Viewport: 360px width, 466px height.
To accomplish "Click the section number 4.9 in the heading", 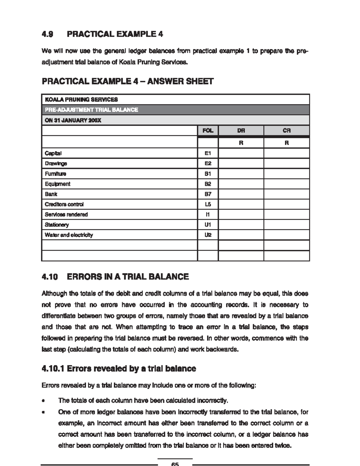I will point(47,34).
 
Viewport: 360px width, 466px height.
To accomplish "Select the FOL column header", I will point(208,131).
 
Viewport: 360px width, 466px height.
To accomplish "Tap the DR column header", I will point(241,131).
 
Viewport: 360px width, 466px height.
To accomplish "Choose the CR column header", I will point(286,131).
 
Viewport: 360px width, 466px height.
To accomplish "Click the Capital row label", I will point(53,153).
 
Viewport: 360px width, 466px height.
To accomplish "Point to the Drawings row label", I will point(56,164).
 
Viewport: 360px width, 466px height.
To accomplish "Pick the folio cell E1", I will point(208,153).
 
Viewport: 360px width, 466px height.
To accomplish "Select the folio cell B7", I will point(208,194).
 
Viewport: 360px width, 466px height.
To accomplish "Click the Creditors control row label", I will point(64,204).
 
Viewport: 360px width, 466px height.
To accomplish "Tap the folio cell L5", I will point(208,204).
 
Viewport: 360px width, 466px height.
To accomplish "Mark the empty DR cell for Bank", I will point(241,194).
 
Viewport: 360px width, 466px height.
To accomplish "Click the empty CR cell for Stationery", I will point(286,225).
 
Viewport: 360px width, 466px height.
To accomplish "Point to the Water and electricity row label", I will point(69,235).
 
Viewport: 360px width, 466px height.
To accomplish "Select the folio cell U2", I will point(208,235).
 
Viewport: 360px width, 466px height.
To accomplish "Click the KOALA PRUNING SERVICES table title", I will point(81,99).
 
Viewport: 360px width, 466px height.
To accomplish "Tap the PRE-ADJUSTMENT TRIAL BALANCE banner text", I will point(91,110).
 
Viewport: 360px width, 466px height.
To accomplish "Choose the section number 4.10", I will point(50,277).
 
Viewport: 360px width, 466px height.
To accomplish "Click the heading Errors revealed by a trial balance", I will point(131,368).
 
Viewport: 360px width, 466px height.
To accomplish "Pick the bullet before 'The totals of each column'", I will point(44,401).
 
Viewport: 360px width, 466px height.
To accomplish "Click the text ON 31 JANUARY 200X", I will point(73,120).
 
